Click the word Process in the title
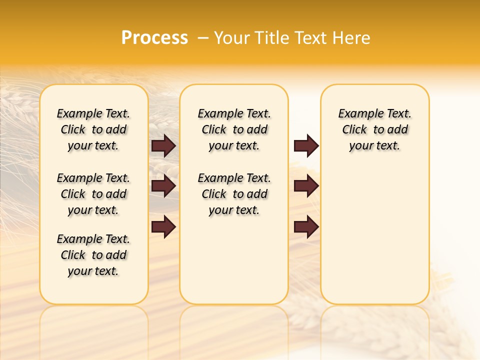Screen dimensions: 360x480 pyautogui.click(x=154, y=38)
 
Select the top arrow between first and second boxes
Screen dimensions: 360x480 pyautogui.click(x=163, y=145)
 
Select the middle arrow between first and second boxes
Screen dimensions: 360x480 pyautogui.click(x=163, y=186)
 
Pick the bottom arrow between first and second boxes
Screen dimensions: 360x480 pyautogui.click(x=163, y=227)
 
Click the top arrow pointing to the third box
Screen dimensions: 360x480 pyautogui.click(x=306, y=145)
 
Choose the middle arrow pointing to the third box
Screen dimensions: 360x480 pyautogui.click(x=306, y=186)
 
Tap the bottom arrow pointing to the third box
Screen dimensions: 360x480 pyautogui.click(x=306, y=227)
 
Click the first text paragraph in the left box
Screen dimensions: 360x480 pyautogui.click(x=93, y=129)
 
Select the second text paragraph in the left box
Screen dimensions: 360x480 pyautogui.click(x=93, y=194)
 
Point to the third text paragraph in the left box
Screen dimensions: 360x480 pyautogui.click(x=93, y=255)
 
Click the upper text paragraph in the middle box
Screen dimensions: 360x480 pyautogui.click(x=234, y=129)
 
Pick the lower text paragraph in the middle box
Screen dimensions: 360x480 pyautogui.click(x=234, y=194)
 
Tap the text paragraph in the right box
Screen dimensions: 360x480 pyautogui.click(x=374, y=129)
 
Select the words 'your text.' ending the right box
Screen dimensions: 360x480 pyautogui.click(x=374, y=146)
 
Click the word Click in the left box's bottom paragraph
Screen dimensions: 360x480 pyautogui.click(x=73, y=255)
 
